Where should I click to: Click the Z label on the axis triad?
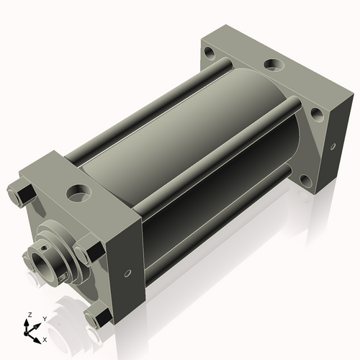click(30, 315)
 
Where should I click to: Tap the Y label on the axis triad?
click(45, 319)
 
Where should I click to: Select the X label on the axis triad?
click(45, 340)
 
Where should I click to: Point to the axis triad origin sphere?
click(26, 333)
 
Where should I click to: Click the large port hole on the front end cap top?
click(79, 192)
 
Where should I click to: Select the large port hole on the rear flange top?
click(274, 65)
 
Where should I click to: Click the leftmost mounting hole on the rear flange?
click(210, 53)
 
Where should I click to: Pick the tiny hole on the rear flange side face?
click(333, 147)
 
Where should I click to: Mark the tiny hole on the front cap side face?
click(128, 273)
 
